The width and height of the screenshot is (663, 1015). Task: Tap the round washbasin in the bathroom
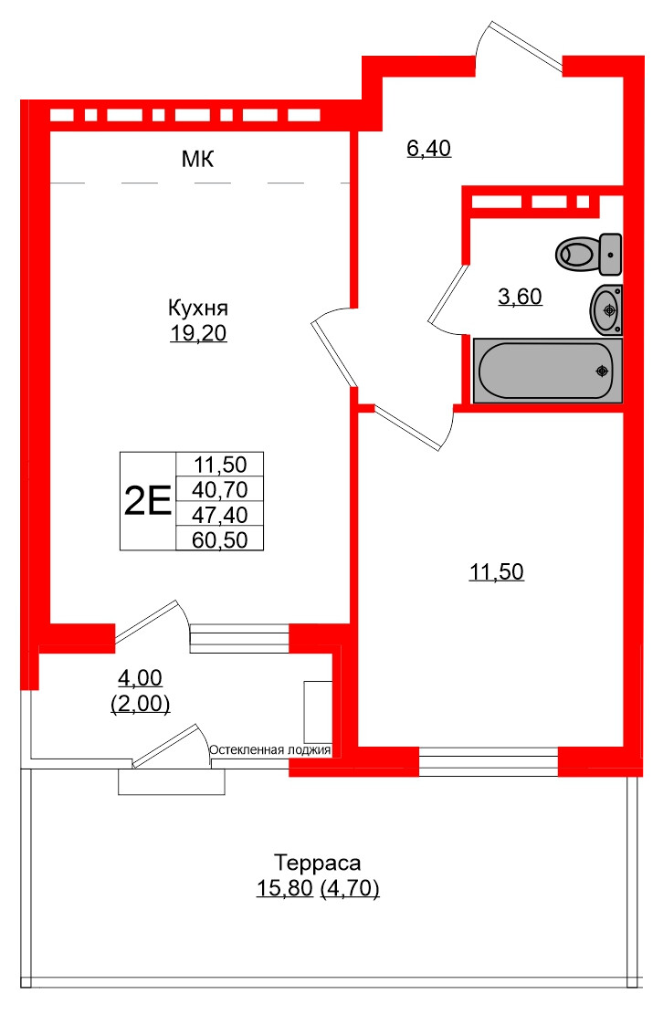coord(605,309)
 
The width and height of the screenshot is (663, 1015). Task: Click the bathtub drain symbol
coord(601,371)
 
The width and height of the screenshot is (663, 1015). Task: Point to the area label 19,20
coord(197,334)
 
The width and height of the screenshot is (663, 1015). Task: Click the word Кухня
coord(197,307)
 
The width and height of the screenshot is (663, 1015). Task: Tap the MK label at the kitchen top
coord(197,161)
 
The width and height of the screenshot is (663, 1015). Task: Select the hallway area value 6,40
coord(429,148)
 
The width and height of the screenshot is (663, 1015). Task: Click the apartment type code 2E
coord(147,501)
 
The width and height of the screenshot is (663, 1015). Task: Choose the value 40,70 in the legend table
coord(219,489)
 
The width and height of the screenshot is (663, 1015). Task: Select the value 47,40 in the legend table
coord(219,514)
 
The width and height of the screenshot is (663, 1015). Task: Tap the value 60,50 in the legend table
coord(219,539)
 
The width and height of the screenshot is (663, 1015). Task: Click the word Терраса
coord(318,862)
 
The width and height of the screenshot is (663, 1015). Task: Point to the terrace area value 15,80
coord(284,887)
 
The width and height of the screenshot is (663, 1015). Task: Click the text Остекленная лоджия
coord(270,750)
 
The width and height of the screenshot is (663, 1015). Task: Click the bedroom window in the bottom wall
coord(488,761)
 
